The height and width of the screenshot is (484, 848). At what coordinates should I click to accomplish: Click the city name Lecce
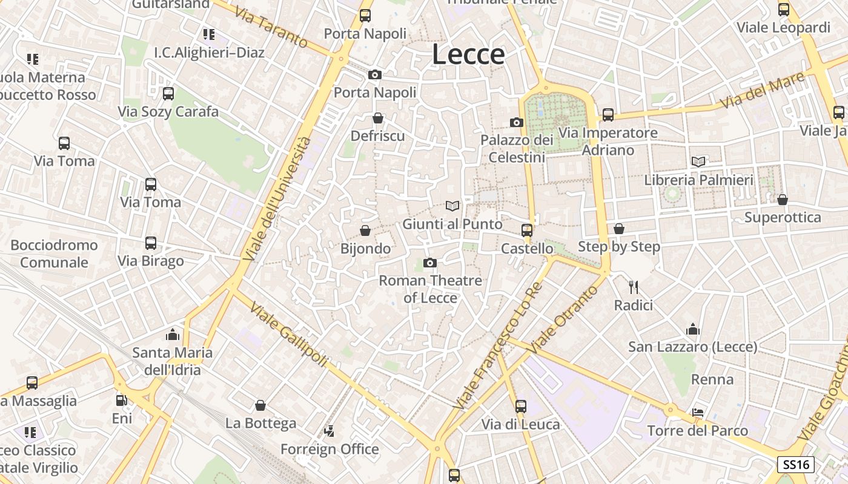[x=468, y=54]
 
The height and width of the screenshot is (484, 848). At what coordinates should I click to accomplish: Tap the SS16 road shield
[x=796, y=465]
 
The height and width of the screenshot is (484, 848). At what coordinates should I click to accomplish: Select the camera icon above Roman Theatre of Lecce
[x=430, y=263]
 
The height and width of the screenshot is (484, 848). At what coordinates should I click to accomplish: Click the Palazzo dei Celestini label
[x=517, y=148]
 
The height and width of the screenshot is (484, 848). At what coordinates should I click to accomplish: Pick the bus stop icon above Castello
[x=527, y=231]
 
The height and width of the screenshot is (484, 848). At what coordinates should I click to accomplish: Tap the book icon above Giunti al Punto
[x=452, y=206]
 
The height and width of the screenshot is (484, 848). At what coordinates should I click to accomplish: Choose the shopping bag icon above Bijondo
[x=365, y=231]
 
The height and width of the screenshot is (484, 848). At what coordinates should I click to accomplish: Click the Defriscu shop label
[x=377, y=136]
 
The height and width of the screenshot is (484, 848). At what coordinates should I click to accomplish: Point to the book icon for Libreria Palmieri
[x=698, y=162]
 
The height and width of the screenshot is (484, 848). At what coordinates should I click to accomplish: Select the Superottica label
[x=783, y=217]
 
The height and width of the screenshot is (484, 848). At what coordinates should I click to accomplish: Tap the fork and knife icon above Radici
[x=634, y=287]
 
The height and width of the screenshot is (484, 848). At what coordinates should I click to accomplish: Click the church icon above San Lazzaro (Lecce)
[x=693, y=329]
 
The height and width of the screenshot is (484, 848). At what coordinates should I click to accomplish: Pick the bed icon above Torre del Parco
[x=698, y=413]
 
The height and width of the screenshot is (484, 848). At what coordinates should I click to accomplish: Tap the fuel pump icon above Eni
[x=122, y=400]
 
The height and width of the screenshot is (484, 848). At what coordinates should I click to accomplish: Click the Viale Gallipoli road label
[x=288, y=333]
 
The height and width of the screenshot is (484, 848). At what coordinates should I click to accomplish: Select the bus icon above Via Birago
[x=151, y=243]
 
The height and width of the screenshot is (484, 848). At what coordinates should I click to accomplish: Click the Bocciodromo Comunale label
[x=54, y=253]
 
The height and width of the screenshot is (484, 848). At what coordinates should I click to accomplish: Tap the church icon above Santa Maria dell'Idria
[x=173, y=335]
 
